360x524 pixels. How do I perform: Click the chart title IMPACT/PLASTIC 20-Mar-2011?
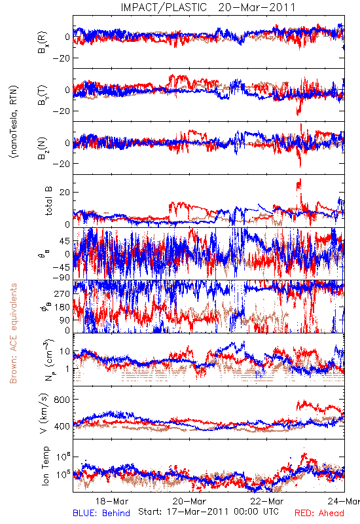click(208, 7)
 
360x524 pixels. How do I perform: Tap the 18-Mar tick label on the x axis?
click(112, 501)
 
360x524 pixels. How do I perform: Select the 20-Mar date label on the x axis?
click(189, 501)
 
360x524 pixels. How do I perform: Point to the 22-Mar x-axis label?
click(267, 501)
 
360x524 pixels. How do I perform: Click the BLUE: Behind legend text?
click(101, 513)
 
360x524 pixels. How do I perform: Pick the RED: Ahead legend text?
click(319, 513)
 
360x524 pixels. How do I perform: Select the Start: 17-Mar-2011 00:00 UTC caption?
click(208, 512)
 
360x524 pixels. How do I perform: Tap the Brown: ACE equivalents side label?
click(13, 333)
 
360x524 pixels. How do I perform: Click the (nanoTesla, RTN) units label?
click(14, 121)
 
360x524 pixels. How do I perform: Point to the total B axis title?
click(48, 201)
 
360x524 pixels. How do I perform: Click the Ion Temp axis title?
click(45, 466)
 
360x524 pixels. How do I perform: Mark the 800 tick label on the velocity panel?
click(62, 400)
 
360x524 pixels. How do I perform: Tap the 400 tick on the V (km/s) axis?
click(62, 426)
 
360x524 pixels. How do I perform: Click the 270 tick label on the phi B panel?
click(62, 293)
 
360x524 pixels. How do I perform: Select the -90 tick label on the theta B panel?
click(62, 278)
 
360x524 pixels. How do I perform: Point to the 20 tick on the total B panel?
click(65, 192)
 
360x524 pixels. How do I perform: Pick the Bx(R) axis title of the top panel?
click(43, 43)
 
